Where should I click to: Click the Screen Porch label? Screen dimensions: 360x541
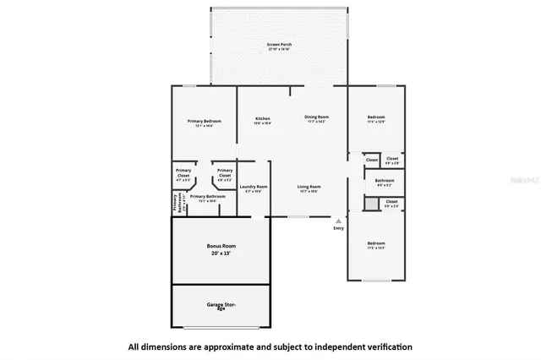(x=278, y=44)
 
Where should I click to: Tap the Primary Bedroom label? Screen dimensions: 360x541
(x=204, y=121)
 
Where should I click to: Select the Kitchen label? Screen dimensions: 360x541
(x=262, y=117)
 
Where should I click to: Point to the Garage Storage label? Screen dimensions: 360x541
(x=221, y=305)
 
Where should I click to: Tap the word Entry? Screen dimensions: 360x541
(x=339, y=227)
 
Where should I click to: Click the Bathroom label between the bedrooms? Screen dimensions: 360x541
(x=385, y=180)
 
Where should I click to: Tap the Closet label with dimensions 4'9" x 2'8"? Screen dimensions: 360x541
(x=392, y=159)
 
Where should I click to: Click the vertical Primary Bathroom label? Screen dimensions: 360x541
(x=176, y=203)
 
